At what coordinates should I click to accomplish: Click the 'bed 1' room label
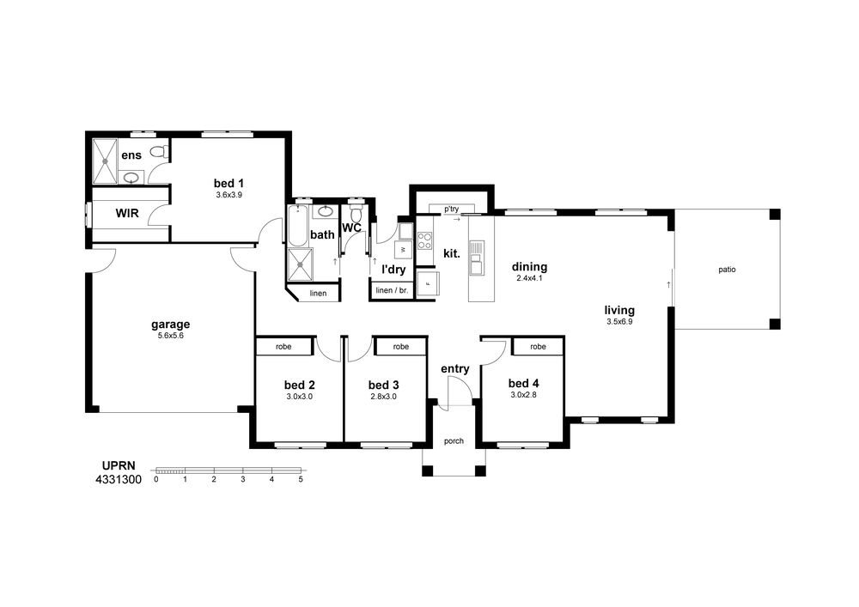pos(228,184)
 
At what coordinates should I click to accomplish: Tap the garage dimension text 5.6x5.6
pos(170,336)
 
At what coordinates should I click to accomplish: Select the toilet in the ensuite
pos(159,151)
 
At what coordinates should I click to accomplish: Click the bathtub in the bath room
pos(298,226)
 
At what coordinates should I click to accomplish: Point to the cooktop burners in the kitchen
pos(424,241)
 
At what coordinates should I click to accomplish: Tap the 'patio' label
pos(727,270)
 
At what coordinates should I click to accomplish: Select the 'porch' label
pos(454,441)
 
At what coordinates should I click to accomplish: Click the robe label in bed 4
pos(538,347)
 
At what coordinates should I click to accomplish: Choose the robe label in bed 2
pos(283,347)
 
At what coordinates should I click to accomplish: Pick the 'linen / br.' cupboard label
pos(392,290)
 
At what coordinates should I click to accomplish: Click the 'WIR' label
pos(127,213)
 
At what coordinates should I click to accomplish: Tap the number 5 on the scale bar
pos(301,479)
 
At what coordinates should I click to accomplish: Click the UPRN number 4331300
pos(119,479)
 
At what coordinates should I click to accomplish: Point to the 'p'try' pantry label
pos(452,209)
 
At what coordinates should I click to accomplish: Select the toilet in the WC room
pos(356,211)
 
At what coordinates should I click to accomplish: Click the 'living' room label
pos(619,310)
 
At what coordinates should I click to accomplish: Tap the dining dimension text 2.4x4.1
pos(530,278)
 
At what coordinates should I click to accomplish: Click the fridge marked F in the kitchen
pos(428,283)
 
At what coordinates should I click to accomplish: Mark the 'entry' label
pos(454,369)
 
